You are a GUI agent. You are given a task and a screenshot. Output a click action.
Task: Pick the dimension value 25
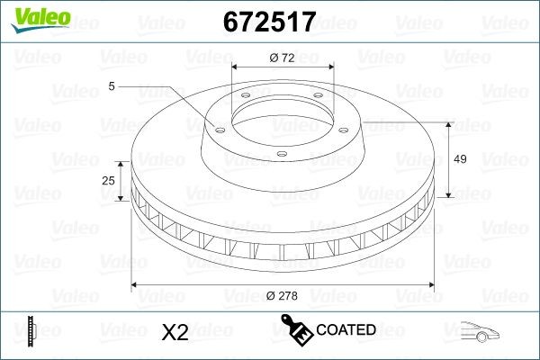click(x=109, y=181)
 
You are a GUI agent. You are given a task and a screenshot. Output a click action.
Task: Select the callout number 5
click(x=111, y=86)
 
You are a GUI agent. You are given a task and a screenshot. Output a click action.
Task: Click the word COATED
click(x=346, y=330)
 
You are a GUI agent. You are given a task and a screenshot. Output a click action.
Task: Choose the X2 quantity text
click(x=174, y=332)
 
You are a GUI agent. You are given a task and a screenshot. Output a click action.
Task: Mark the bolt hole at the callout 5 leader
click(x=217, y=127)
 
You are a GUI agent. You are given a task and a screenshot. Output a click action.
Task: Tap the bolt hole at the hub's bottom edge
click(x=280, y=154)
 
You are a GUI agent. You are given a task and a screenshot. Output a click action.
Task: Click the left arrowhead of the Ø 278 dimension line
click(x=136, y=285)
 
